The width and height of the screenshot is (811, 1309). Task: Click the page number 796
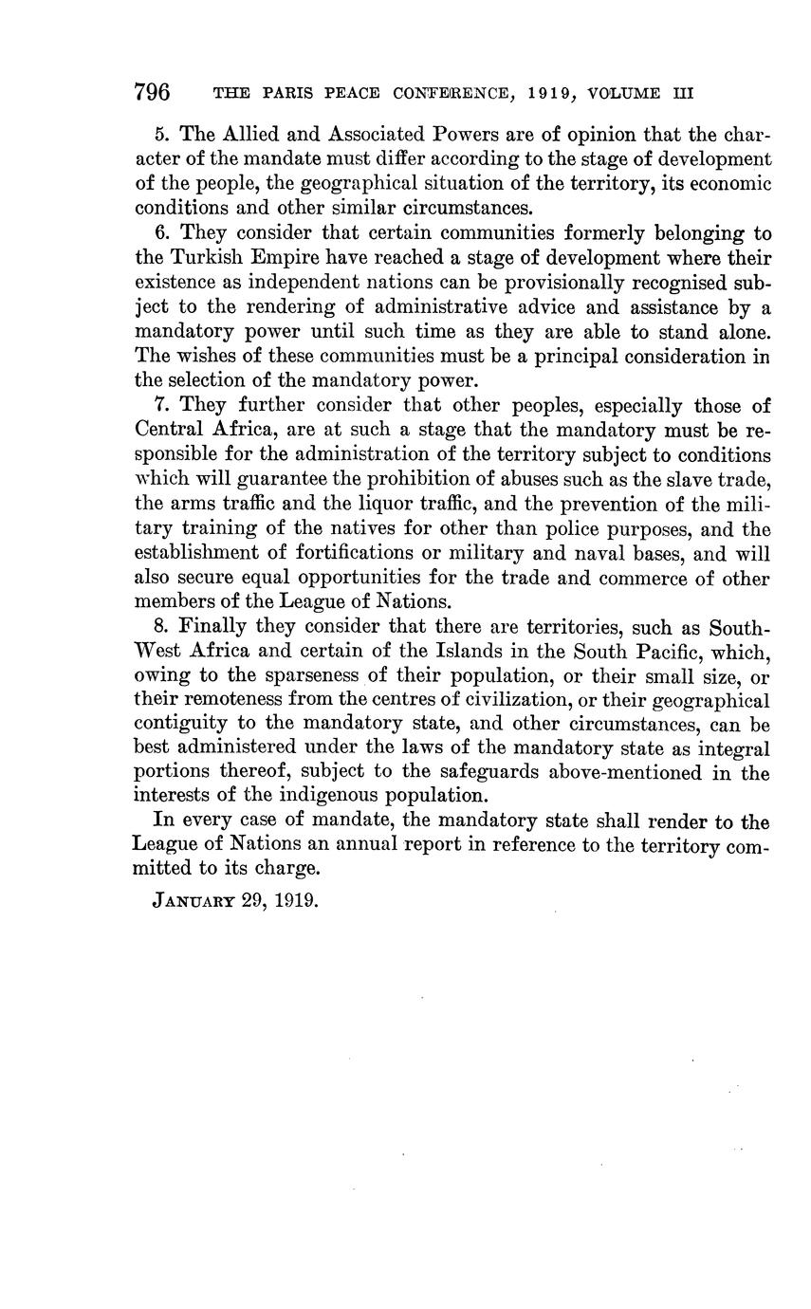pyautogui.click(x=152, y=92)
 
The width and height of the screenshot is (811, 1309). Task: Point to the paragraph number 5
pyautogui.click(x=160, y=134)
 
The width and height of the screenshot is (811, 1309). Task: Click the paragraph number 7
pyautogui.click(x=159, y=405)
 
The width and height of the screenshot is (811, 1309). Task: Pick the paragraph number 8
pyautogui.click(x=159, y=626)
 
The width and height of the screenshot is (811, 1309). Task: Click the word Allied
pyautogui.click(x=251, y=134)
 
